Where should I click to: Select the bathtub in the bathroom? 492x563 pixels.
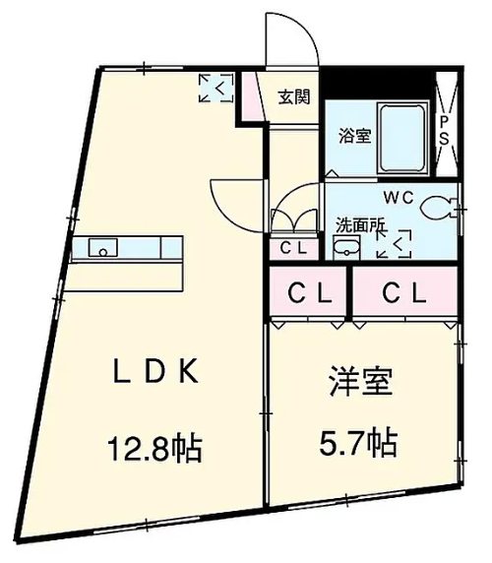(400, 139)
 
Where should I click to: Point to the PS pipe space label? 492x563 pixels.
(445, 128)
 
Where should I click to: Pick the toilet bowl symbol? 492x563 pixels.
(439, 207)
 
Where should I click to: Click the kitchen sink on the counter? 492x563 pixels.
(104, 246)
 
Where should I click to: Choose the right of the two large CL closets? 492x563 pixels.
(404, 291)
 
